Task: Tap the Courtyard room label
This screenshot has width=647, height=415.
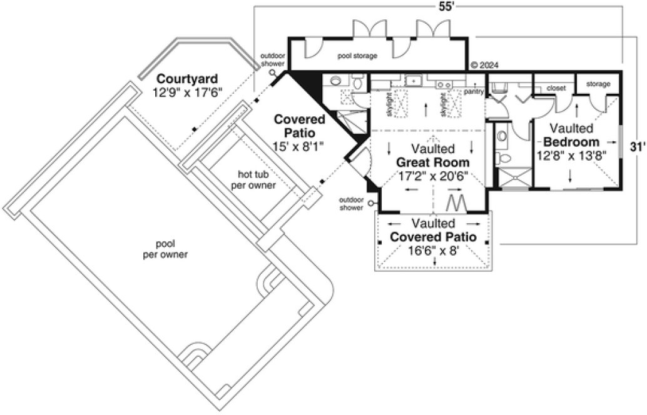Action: click(x=186, y=79)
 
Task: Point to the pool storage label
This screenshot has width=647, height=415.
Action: click(x=357, y=56)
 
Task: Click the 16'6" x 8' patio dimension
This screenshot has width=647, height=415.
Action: click(x=432, y=251)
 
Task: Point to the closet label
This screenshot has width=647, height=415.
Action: click(x=556, y=89)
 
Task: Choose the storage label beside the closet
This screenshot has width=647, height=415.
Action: click(x=598, y=84)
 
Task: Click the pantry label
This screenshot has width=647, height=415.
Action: click(x=474, y=91)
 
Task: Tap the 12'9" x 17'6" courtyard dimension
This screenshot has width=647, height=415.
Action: click(x=186, y=92)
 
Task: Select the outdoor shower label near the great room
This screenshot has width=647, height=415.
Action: click(x=350, y=204)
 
